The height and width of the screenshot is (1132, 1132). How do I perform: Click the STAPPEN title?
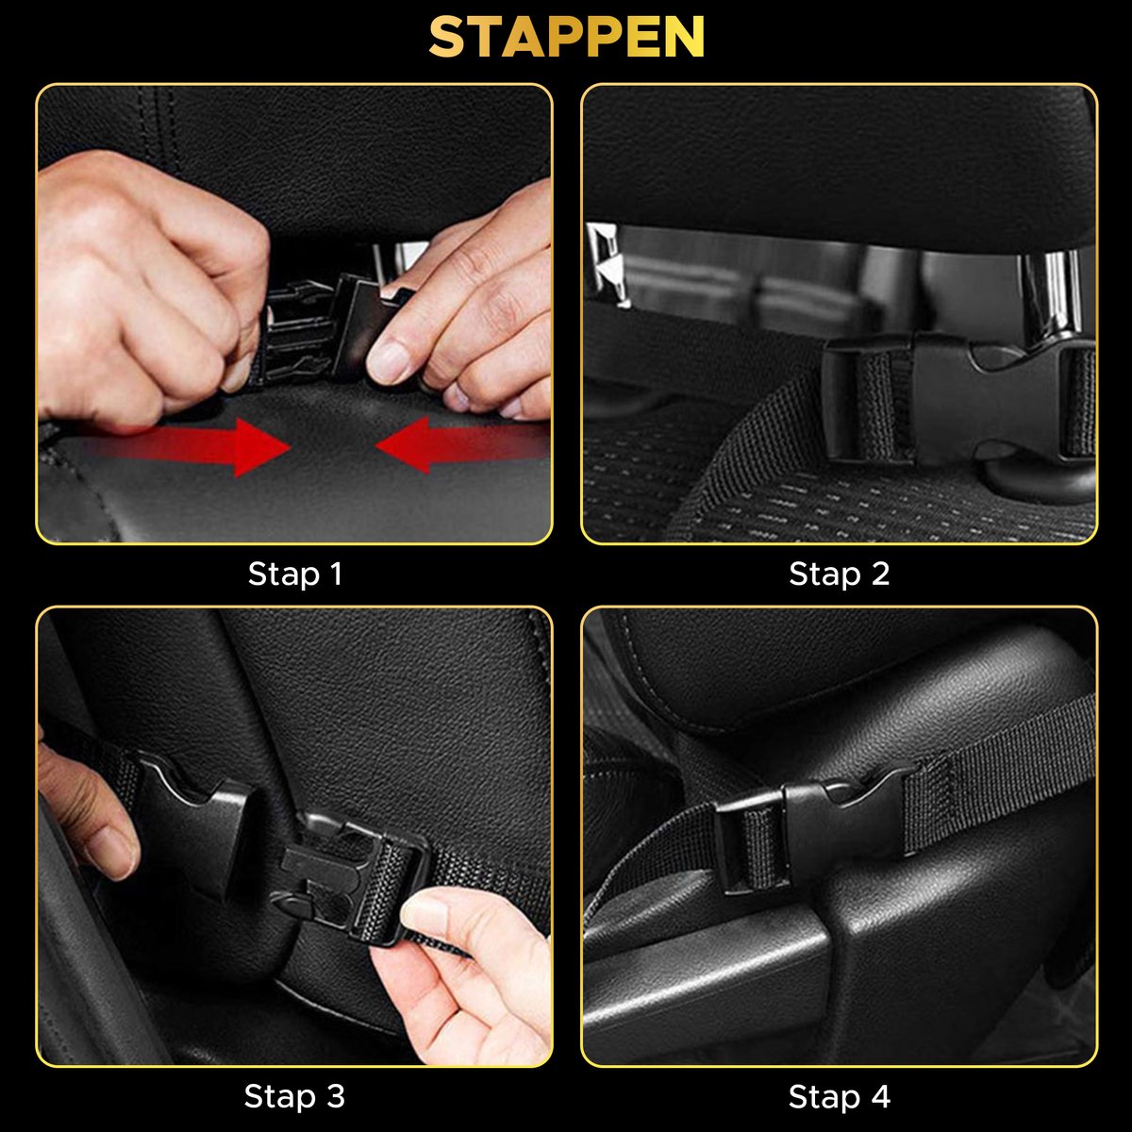[566, 37]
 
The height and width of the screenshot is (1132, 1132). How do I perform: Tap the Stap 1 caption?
[295, 574]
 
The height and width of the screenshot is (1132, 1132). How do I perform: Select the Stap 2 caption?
[839, 574]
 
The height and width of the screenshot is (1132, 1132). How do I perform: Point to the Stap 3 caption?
[294, 1097]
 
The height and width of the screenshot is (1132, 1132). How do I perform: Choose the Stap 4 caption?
[839, 1097]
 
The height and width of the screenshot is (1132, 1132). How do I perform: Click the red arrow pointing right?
[188, 446]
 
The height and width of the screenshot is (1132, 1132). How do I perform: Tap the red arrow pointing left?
[461, 444]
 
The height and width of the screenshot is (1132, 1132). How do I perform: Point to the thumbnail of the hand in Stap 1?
[389, 362]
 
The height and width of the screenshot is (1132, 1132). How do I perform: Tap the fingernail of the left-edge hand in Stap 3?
[113, 851]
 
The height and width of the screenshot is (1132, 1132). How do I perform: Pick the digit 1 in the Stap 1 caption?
[337, 574]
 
